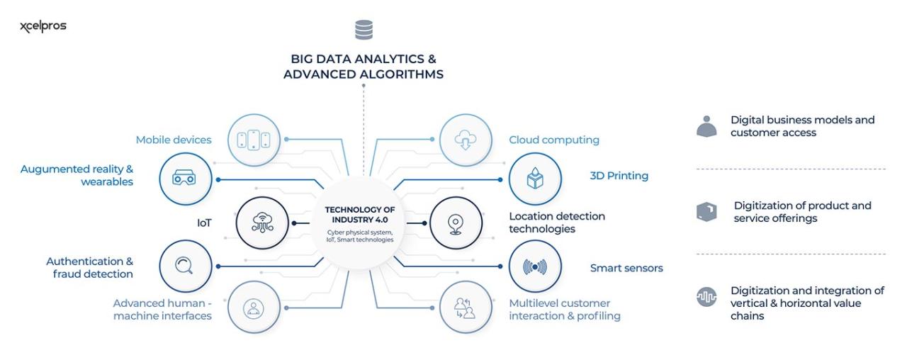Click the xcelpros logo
(x=44, y=27)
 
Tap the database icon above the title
(x=364, y=30)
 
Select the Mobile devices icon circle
(x=254, y=139)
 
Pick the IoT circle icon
(x=262, y=223)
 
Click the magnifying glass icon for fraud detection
(x=186, y=266)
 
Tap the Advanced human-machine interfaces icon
(x=254, y=308)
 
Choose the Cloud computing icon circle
(x=466, y=139)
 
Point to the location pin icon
(x=456, y=223)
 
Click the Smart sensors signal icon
(x=535, y=266)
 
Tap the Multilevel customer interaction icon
(x=466, y=308)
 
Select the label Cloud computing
(x=553, y=140)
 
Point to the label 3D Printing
(x=619, y=176)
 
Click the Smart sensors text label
(x=626, y=269)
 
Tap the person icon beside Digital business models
(x=706, y=126)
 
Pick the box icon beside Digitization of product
(x=706, y=211)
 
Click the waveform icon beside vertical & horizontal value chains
(x=706, y=298)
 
